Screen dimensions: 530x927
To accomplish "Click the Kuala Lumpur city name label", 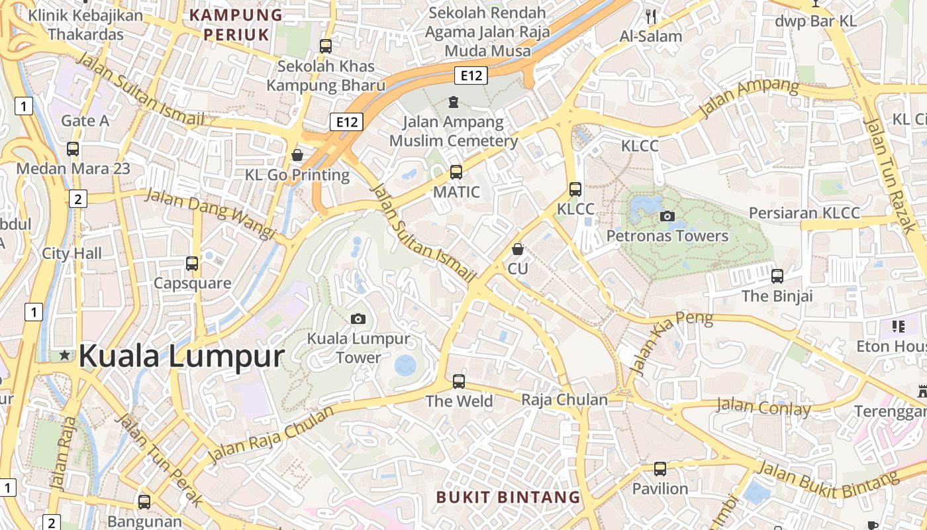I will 181,356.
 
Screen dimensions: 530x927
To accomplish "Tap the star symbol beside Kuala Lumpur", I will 64,355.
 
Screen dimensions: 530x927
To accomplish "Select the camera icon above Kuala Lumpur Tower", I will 358,319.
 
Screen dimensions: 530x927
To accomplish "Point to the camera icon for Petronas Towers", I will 667,216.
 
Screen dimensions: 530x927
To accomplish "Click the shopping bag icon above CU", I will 518,249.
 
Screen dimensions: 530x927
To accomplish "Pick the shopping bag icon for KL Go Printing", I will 297,155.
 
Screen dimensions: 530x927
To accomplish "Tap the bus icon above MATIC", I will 456,172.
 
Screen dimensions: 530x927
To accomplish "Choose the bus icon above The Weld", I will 459,382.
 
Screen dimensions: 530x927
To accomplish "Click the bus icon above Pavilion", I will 660,469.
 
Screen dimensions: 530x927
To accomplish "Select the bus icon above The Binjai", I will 777,276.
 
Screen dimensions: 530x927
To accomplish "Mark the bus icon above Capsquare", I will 192,264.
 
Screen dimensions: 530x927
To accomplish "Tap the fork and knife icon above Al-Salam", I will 651,17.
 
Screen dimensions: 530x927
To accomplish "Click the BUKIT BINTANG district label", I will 508,497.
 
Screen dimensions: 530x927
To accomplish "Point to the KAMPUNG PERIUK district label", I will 236,25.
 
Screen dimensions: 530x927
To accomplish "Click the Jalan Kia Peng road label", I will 670,341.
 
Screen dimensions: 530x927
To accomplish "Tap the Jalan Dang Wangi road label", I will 210,213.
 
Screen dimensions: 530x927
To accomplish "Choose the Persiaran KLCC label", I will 805,213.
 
